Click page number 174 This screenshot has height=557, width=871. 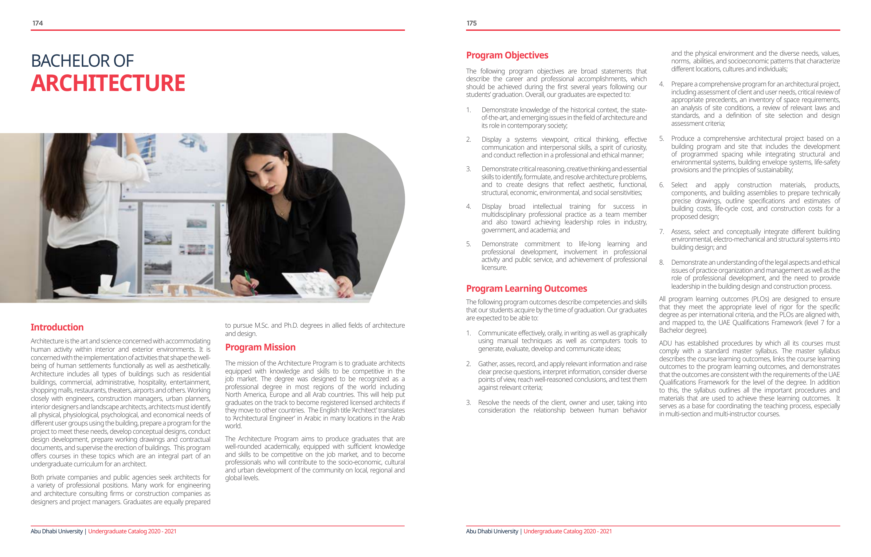pyautogui.click(x=37, y=23)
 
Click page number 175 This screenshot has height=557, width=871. pyautogui.click(x=471, y=23)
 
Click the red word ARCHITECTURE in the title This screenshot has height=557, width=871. pyautogui.click(x=108, y=83)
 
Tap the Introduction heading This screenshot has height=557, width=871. pyautogui.click(x=57, y=327)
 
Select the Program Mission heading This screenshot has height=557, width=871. pyautogui.click(x=260, y=347)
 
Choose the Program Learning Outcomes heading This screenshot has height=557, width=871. pyautogui.click(x=526, y=288)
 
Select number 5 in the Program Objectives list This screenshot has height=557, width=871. pyautogui.click(x=469, y=244)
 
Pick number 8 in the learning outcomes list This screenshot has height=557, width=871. pyautogui.click(x=661, y=263)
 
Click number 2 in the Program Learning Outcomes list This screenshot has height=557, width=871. pyautogui.click(x=469, y=364)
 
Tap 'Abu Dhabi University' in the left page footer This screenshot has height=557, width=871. pyautogui.click(x=57, y=531)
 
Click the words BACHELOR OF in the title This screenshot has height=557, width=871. pyautogui.click(x=82, y=61)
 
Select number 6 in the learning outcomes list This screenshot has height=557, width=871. pyautogui.click(x=661, y=185)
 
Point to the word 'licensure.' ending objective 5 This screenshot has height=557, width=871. pyautogui.click(x=494, y=268)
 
